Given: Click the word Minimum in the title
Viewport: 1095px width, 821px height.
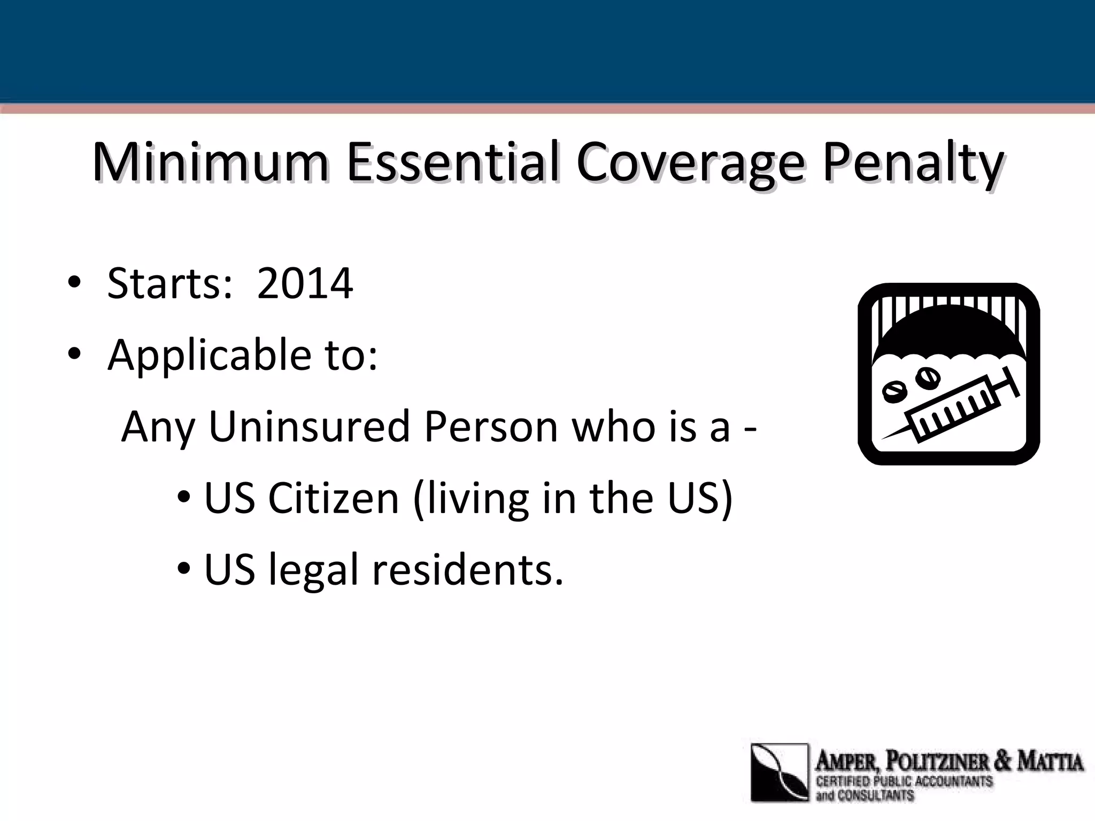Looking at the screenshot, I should [210, 162].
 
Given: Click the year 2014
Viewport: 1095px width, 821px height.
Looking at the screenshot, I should [305, 283].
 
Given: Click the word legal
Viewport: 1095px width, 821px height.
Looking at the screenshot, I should [313, 570].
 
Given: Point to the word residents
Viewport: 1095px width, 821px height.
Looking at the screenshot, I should [467, 569].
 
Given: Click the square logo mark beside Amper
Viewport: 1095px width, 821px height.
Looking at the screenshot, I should [780, 772].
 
